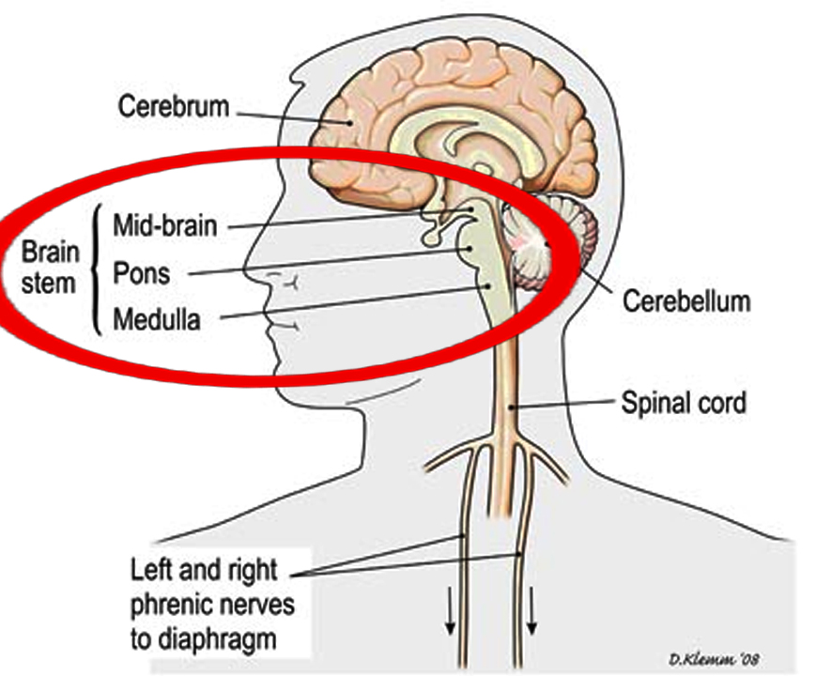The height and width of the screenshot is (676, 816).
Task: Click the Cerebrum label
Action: click(173, 106)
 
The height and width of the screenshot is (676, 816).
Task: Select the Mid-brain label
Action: click(164, 225)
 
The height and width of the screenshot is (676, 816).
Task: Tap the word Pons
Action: click(142, 273)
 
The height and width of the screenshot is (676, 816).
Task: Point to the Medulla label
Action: click(157, 320)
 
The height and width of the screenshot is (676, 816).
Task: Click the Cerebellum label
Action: click(686, 301)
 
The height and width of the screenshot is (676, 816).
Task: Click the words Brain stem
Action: click(47, 267)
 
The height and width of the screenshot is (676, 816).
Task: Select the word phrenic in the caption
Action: click(178, 605)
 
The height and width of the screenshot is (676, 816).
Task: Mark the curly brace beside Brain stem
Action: click(95, 272)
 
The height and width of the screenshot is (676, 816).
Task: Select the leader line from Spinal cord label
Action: click(563, 406)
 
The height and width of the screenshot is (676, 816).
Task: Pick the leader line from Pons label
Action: click(329, 262)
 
